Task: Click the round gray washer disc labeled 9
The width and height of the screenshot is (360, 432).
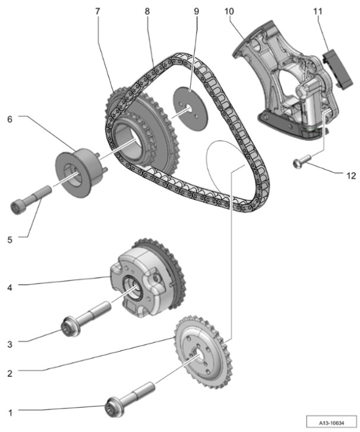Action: click(x=191, y=106)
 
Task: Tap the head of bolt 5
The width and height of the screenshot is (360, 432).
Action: click(x=20, y=207)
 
